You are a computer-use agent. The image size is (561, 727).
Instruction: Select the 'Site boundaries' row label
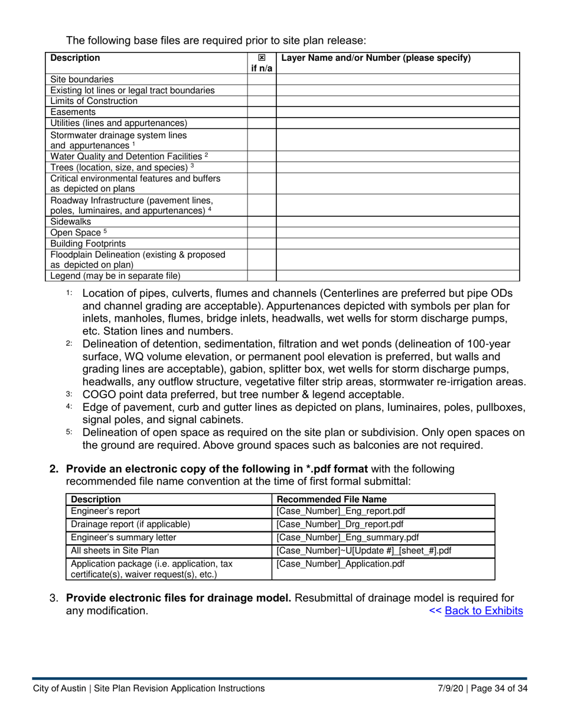[82, 79]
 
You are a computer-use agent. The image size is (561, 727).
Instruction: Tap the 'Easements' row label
[73, 112]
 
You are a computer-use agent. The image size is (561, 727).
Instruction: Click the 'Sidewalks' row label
[73, 221]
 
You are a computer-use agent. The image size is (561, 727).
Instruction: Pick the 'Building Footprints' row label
[88, 243]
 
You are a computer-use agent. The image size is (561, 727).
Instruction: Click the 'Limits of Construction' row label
[94, 101]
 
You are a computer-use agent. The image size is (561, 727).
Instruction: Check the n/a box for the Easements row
[262, 112]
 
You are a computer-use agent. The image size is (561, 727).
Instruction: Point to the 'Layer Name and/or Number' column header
[376, 58]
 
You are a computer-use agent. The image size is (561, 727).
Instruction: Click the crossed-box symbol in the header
[262, 59]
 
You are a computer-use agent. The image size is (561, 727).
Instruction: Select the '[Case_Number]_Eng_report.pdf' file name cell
[341, 511]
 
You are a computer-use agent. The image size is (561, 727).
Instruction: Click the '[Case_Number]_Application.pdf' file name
[341, 563]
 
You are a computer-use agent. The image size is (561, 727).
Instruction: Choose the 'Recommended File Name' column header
[331, 499]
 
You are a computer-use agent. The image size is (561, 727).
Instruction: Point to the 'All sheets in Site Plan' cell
[115, 550]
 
